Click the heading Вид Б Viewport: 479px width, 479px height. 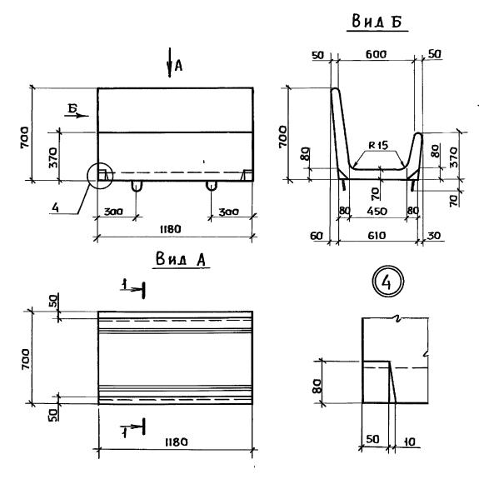pyautogui.click(x=377, y=22)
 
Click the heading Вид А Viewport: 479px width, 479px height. pyautogui.click(x=181, y=259)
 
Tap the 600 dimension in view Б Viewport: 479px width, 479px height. pyautogui.click(x=376, y=54)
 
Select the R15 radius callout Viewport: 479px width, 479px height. pyautogui.click(x=378, y=145)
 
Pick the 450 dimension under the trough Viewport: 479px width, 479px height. pyautogui.click(x=377, y=211)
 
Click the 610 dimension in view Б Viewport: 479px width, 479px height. pyautogui.click(x=377, y=236)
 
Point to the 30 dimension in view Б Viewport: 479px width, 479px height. pyautogui.click(x=434, y=236)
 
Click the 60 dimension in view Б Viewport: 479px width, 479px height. pyautogui.click(x=317, y=236)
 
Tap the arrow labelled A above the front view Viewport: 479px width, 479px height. pyautogui.click(x=170, y=62)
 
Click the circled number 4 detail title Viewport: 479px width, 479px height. pyautogui.click(x=387, y=282)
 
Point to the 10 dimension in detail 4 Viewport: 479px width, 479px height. pyautogui.click(x=409, y=442)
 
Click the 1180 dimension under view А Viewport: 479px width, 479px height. pyautogui.click(x=177, y=442)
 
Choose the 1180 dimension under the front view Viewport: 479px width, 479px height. pyautogui.click(x=171, y=229)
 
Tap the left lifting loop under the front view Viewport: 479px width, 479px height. pyautogui.click(x=137, y=187)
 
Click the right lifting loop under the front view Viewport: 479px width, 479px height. pyautogui.click(x=212, y=186)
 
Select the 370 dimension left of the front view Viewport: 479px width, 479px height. pyautogui.click(x=53, y=157)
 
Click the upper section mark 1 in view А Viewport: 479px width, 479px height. pyautogui.click(x=133, y=288)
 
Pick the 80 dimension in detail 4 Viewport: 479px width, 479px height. pyautogui.click(x=317, y=387)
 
